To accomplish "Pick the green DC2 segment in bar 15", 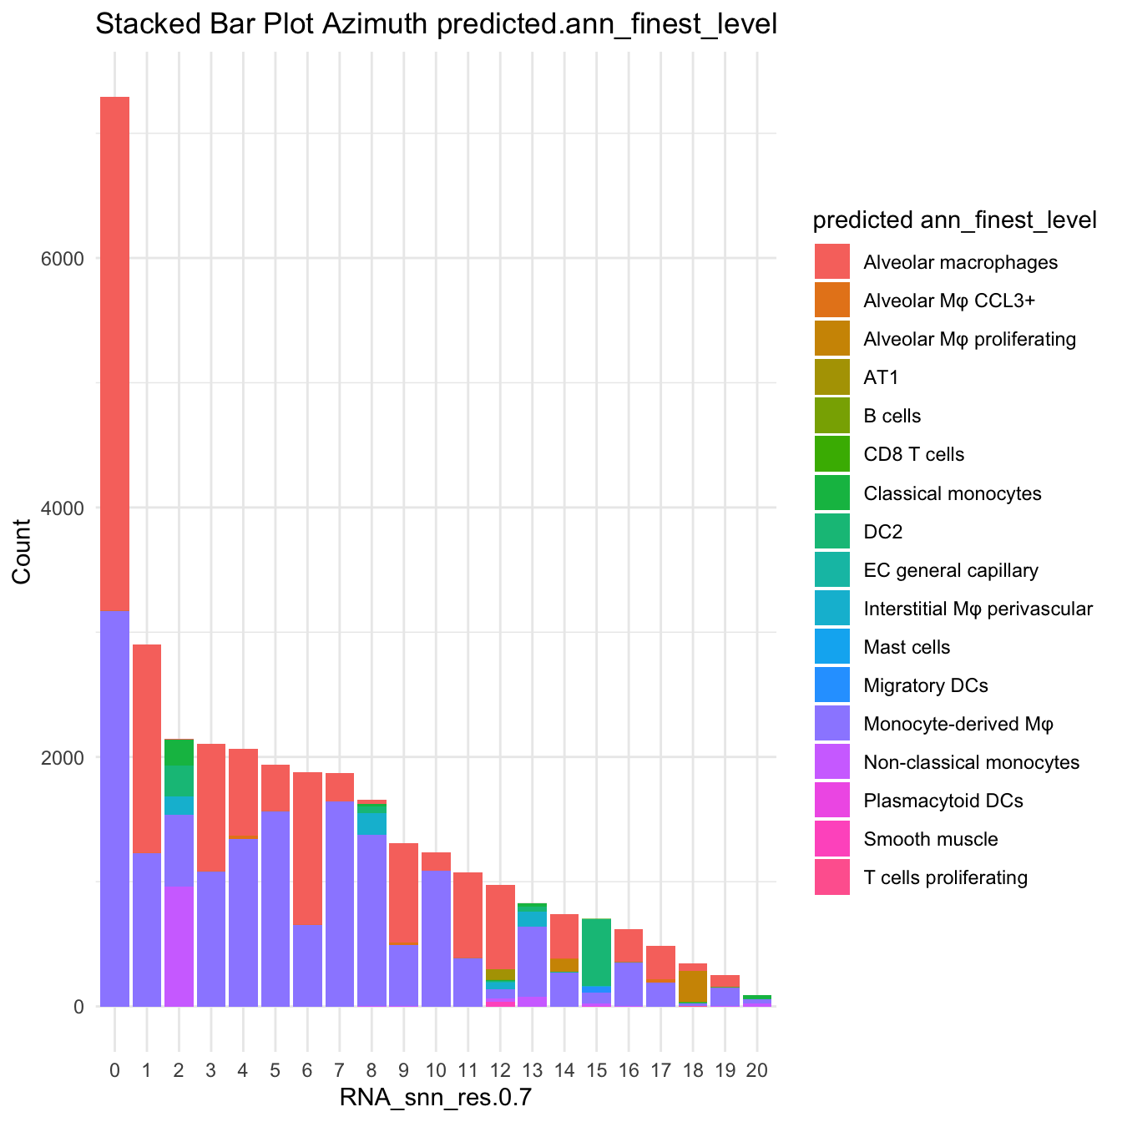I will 596,952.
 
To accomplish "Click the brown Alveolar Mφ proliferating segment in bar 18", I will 693,986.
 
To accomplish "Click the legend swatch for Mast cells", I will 832,647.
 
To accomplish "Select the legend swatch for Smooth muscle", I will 832,839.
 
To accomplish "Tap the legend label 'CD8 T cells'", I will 913,455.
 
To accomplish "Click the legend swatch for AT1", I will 832,378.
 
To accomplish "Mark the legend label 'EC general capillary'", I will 951,570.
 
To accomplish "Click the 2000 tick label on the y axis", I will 63,757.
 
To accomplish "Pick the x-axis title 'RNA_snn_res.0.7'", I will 435,1099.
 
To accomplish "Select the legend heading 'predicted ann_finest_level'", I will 954,220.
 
